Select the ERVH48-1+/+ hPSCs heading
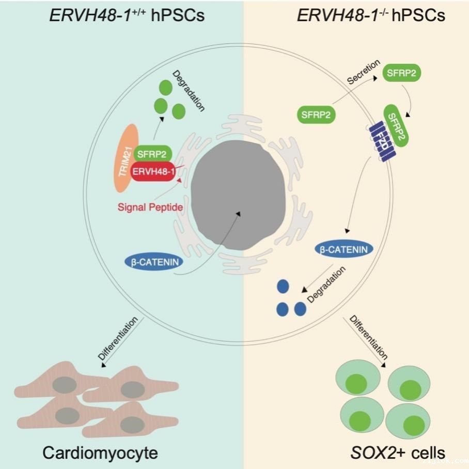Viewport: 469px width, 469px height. tap(127, 15)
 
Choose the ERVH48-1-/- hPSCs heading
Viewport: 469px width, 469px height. tap(370, 15)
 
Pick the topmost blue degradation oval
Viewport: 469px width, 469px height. tap(283, 286)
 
